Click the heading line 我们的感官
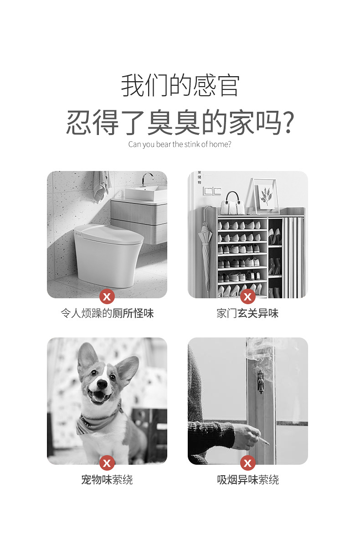[180, 85]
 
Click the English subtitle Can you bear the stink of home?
[180, 145]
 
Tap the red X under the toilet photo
[107, 297]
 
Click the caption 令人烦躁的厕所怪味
[107, 313]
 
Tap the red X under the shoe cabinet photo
[248, 297]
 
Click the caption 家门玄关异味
[247, 313]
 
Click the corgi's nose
[102, 384]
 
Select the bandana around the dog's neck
[98, 422]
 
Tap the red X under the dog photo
[107, 463]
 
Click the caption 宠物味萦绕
[107, 480]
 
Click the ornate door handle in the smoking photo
[260, 381]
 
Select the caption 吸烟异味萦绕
[247, 480]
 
